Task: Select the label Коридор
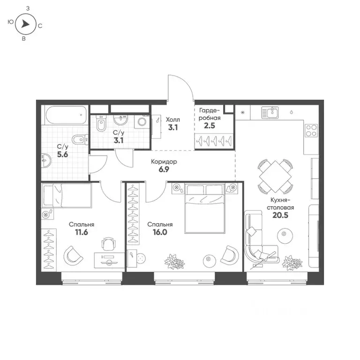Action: tap(164, 161)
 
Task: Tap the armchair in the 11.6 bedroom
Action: tap(73, 255)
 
